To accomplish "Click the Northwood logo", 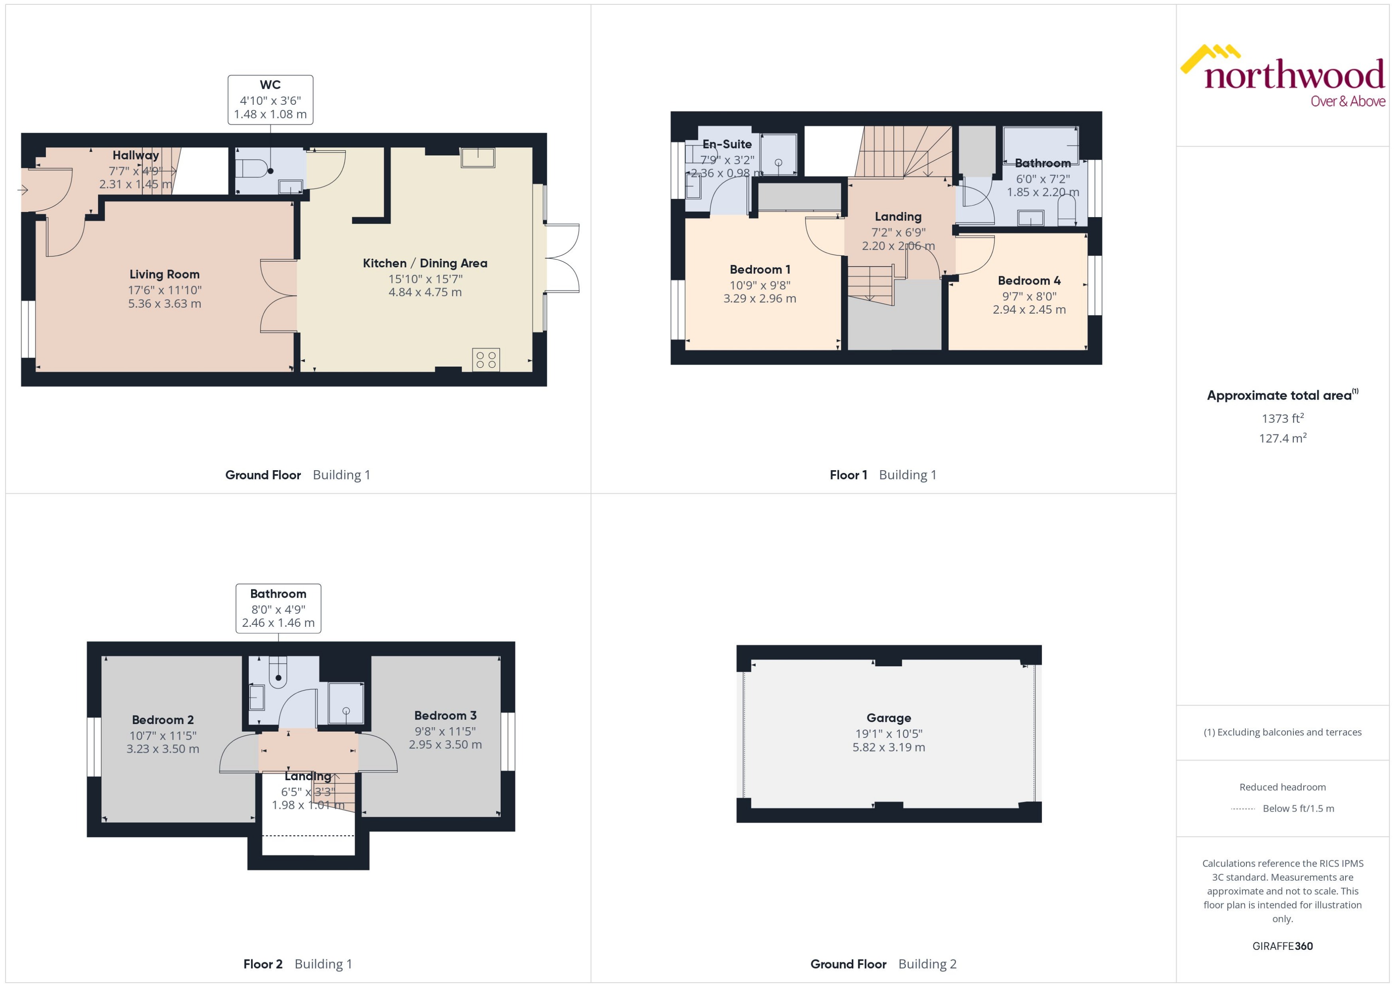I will [x=1283, y=76].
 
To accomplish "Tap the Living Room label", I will [x=164, y=274].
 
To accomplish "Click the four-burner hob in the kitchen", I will [x=486, y=360].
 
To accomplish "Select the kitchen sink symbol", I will [x=478, y=157].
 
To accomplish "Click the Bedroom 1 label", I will [x=760, y=269].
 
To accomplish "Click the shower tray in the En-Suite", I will [x=778, y=154].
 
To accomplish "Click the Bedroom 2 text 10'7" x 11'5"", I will [x=163, y=736].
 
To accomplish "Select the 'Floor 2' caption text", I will [x=263, y=964].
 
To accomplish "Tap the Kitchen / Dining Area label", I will [x=425, y=263].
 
